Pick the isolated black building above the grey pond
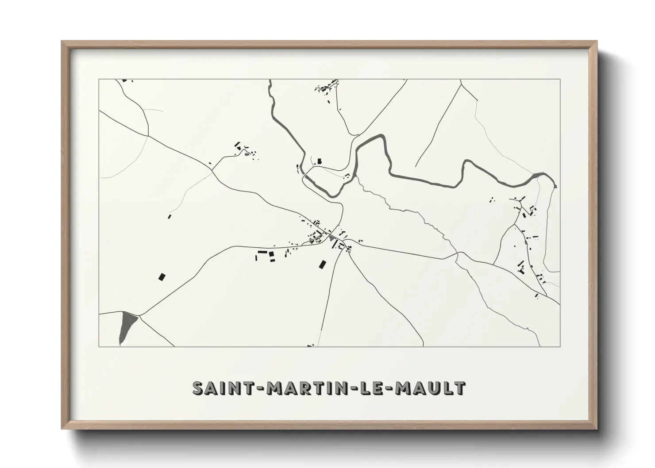162,277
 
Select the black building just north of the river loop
318,161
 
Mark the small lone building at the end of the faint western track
169,216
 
